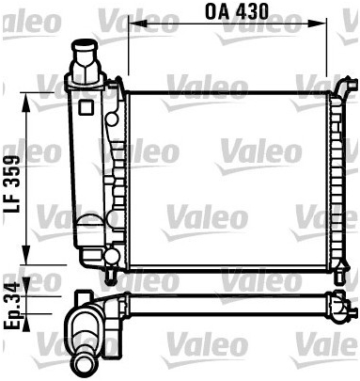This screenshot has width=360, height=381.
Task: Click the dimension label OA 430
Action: (x=237, y=11)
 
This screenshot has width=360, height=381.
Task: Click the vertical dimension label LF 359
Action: (x=12, y=183)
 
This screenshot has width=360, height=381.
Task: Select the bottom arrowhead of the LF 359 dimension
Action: (x=25, y=255)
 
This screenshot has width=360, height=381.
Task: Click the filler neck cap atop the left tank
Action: (x=86, y=62)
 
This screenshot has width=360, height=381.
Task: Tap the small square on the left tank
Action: (x=86, y=107)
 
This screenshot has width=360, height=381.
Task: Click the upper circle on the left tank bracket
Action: (x=112, y=119)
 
